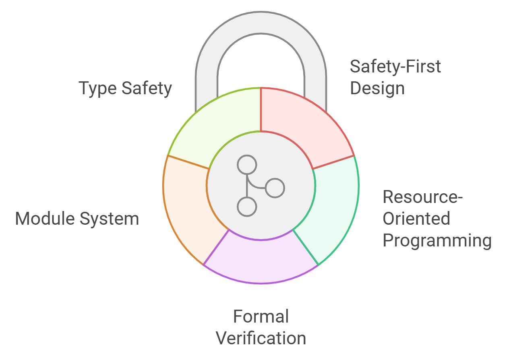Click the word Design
click(x=377, y=88)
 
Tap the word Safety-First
click(x=395, y=66)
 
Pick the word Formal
click(x=261, y=317)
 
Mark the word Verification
click(x=261, y=338)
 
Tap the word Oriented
click(x=416, y=219)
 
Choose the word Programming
click(x=437, y=240)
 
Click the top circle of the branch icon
click(x=247, y=165)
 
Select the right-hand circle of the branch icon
click(x=275, y=188)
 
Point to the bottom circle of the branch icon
click(x=247, y=207)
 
